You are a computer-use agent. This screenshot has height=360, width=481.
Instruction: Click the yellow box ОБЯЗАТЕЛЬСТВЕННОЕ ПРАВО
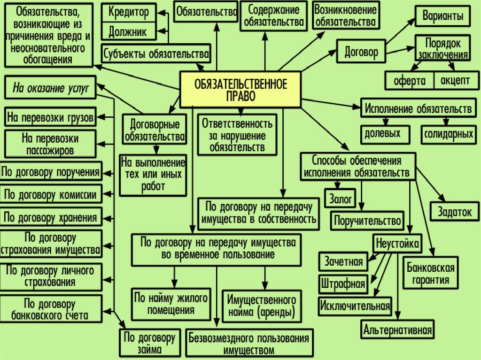click(x=240, y=89)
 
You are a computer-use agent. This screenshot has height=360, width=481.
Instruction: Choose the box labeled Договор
click(x=361, y=52)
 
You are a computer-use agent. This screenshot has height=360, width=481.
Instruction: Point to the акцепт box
click(x=455, y=80)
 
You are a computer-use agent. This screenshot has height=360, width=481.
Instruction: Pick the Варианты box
click(x=442, y=17)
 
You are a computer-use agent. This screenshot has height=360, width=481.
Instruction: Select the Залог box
click(x=341, y=199)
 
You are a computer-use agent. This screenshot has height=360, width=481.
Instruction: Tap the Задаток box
click(x=454, y=211)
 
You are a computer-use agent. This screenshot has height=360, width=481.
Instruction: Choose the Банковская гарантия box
click(x=430, y=274)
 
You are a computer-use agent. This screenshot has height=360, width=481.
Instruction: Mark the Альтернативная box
click(x=397, y=329)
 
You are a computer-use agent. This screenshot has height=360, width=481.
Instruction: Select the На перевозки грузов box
click(x=50, y=117)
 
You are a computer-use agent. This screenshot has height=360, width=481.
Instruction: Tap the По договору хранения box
click(x=50, y=217)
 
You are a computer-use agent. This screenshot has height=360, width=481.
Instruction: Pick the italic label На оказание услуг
click(x=50, y=87)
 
